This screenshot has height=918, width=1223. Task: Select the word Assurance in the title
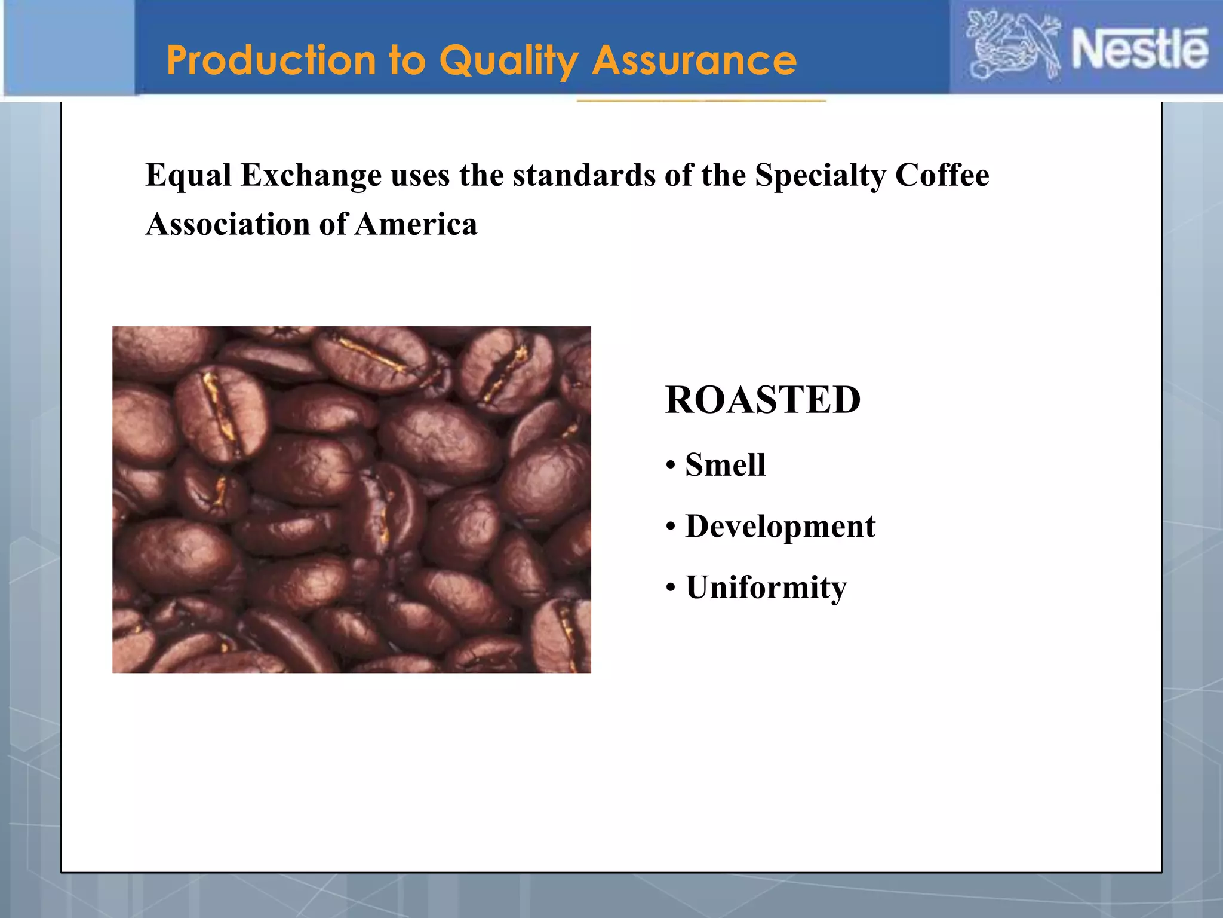pyautogui.click(x=694, y=60)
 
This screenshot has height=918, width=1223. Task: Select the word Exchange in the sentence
pyautogui.click(x=311, y=176)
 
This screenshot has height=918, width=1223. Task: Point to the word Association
pyautogui.click(x=228, y=225)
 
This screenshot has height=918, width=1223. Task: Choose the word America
pyautogui.click(x=416, y=225)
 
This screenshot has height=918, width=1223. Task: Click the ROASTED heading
pyautogui.click(x=763, y=400)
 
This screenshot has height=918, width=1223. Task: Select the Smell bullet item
pyautogui.click(x=725, y=465)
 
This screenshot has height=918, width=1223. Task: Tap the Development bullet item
pyautogui.click(x=780, y=527)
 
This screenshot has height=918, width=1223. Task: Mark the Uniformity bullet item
pyautogui.click(x=766, y=587)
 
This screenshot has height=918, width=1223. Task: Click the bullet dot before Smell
pyautogui.click(x=671, y=466)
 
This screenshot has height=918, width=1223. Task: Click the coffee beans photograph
pyautogui.click(x=352, y=500)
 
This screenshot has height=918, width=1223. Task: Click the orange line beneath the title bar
pyautogui.click(x=701, y=101)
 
